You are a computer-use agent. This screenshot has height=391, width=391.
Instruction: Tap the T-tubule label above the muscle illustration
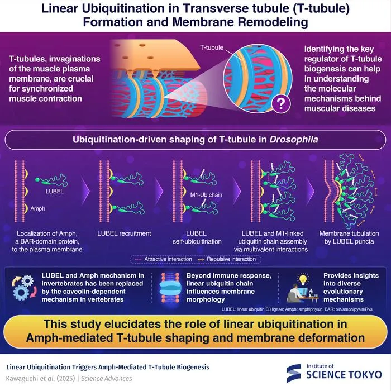tap(212, 47)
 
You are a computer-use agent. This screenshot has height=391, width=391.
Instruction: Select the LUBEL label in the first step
tap(55, 191)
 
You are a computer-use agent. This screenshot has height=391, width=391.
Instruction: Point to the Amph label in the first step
tap(37, 208)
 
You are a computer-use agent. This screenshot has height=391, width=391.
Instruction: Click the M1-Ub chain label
tap(206, 195)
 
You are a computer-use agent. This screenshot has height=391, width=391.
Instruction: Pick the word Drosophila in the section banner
tap(293, 140)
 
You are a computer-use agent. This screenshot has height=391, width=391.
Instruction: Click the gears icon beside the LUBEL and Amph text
tap(24, 288)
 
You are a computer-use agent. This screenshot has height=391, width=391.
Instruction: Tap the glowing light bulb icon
tap(303, 279)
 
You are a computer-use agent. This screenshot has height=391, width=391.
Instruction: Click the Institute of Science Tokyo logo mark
tap(293, 373)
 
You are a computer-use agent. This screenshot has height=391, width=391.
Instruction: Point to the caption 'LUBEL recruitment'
tap(124, 233)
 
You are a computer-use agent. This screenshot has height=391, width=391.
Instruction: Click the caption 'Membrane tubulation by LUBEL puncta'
tap(349, 237)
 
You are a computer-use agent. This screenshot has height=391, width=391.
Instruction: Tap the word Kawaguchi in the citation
tap(21, 378)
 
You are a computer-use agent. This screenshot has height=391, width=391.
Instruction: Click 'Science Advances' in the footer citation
tap(107, 378)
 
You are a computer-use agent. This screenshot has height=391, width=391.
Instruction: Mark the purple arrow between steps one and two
tap(85, 191)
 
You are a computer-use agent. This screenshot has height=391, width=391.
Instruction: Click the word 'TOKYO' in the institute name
tap(365, 375)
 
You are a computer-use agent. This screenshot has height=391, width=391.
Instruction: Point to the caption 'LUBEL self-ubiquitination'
tap(197, 237)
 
